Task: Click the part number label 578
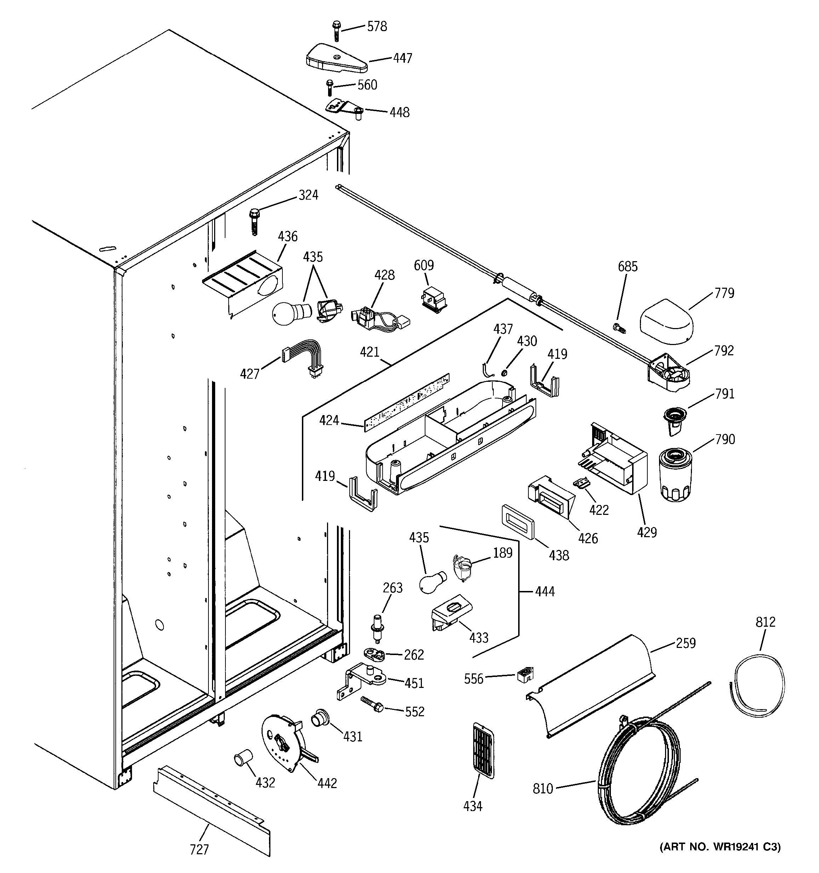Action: [377, 27]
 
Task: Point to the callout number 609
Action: [423, 265]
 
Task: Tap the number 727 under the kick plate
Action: [199, 849]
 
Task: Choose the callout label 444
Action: [545, 592]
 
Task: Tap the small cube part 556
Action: [525, 674]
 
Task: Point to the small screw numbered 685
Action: [619, 327]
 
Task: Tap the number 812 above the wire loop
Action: [766, 622]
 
